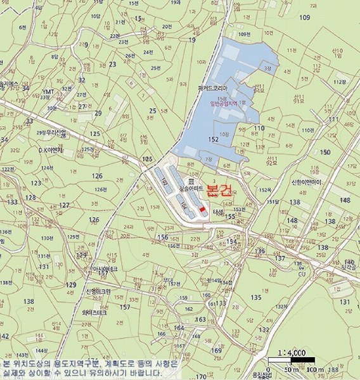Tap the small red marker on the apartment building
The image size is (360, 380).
click(202, 210)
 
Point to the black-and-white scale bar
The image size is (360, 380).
click(292, 361)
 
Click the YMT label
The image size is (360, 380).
click(48, 92)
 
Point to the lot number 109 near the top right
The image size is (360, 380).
click(305, 17)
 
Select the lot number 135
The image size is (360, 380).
click(256, 297)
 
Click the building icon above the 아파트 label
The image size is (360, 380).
click(190, 181)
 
